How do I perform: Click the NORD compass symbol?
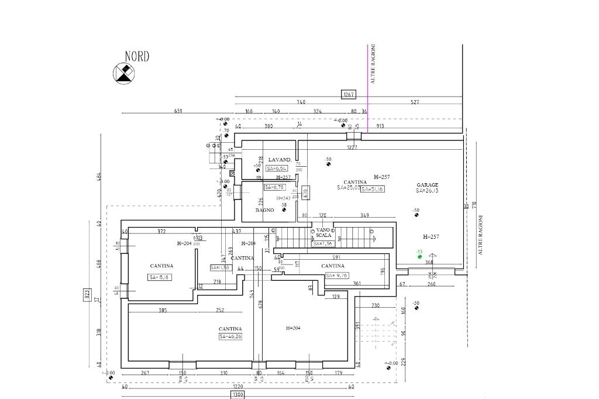[123, 73]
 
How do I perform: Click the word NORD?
[137, 57]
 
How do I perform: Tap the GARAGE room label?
[427, 185]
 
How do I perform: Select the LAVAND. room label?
[280, 160]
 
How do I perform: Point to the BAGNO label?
[265, 210]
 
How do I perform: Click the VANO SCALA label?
[323, 233]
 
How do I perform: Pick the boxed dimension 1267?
[349, 94]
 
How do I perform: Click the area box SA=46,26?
[230, 337]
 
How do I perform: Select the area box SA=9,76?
[337, 275]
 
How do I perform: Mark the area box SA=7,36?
[323, 243]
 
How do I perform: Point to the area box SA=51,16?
[372, 189]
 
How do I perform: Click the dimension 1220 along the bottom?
[237, 386]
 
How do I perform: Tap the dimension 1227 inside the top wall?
[352, 147]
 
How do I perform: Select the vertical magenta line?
[367, 88]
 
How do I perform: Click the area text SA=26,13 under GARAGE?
[427, 191]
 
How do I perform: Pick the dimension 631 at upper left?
[178, 111]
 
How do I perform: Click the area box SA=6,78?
[274, 187]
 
